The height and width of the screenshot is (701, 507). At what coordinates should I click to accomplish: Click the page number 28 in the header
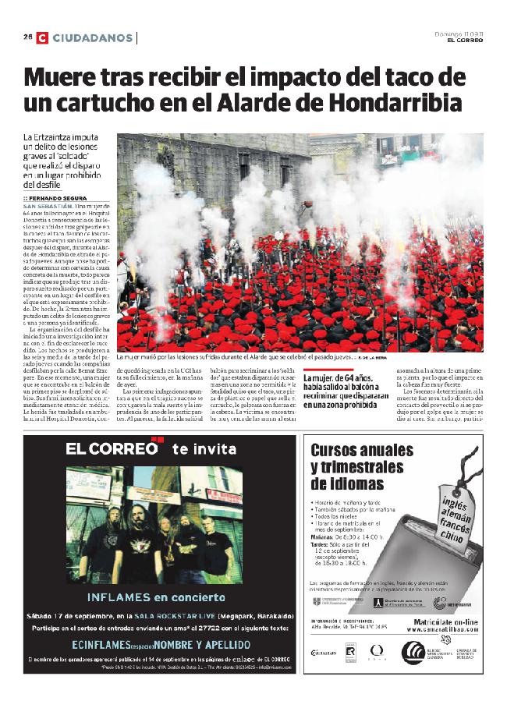click(x=27, y=37)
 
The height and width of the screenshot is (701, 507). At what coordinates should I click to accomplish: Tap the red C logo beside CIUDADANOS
click(x=41, y=37)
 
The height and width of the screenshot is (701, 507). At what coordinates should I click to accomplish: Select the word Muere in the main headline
click(x=66, y=79)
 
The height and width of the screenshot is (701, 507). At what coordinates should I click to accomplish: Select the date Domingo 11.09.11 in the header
click(x=459, y=34)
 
